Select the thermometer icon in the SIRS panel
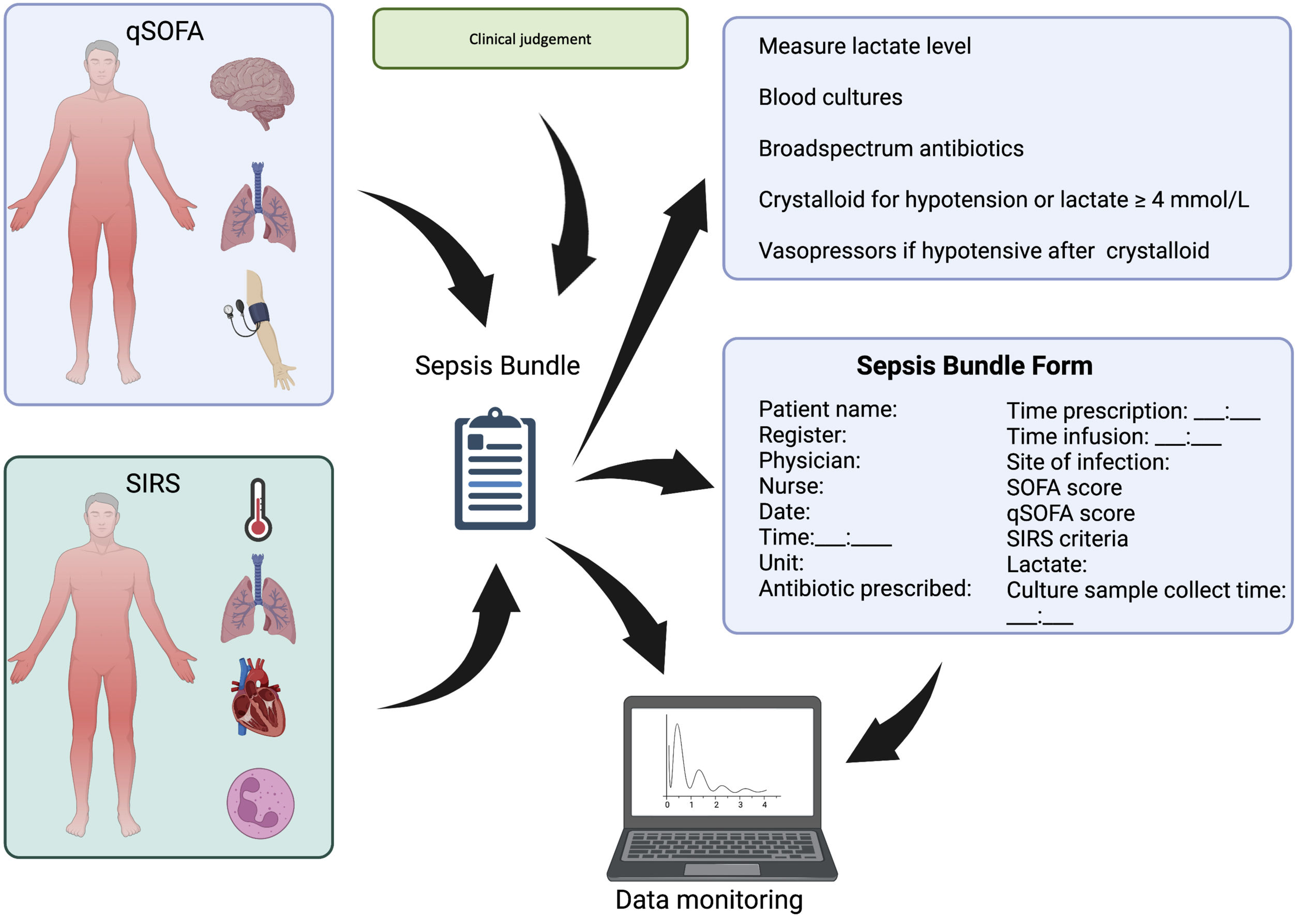coord(258,510)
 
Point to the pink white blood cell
coord(261,803)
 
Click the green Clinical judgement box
coord(530,39)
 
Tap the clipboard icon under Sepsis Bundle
coord(495,470)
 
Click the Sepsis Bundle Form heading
coord(974,366)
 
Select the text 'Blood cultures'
coord(830,97)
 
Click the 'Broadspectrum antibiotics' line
coord(891,148)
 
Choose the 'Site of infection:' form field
coord(1088,462)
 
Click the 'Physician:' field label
coord(809,460)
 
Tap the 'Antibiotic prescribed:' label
coord(864,589)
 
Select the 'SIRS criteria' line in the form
coord(1066,539)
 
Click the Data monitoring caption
coord(708,899)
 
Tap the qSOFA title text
coord(164,31)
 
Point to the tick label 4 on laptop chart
coord(764,805)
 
